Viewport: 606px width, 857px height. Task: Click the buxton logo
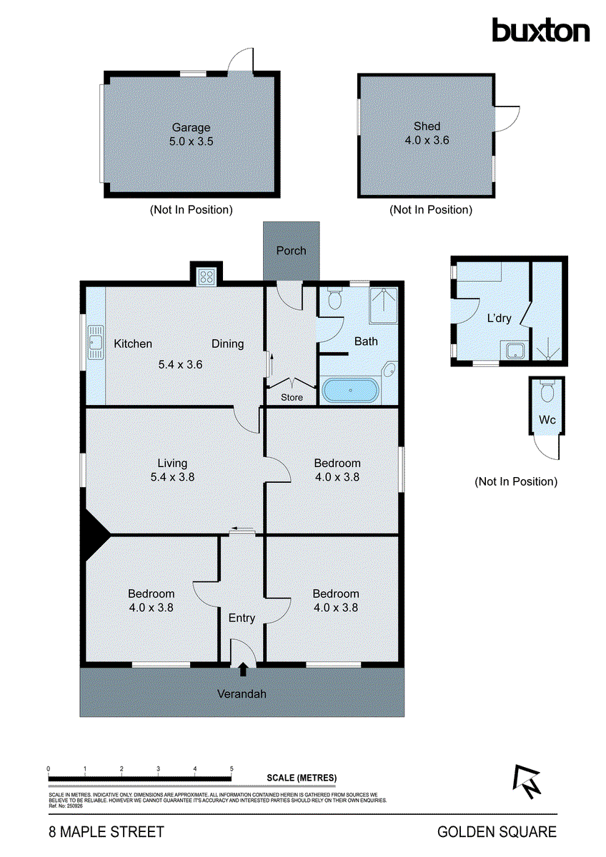click(x=540, y=30)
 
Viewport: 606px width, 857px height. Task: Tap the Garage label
click(x=191, y=128)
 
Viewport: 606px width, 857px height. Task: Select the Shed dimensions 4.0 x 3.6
click(x=427, y=141)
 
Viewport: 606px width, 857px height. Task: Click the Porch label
click(x=291, y=251)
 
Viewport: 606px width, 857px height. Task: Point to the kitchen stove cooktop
click(x=207, y=275)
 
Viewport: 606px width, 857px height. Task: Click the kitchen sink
click(x=94, y=345)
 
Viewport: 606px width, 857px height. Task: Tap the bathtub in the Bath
click(x=351, y=391)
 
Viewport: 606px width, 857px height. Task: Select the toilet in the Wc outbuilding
click(x=547, y=393)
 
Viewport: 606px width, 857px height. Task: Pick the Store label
click(x=292, y=398)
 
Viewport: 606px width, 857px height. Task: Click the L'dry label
click(x=499, y=319)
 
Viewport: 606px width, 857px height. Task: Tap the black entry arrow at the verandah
click(x=242, y=670)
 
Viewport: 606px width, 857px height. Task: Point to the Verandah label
click(x=242, y=693)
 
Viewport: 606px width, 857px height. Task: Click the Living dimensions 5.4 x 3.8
click(x=172, y=477)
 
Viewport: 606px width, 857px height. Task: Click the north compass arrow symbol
click(x=527, y=782)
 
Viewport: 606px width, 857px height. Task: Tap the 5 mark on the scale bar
click(x=232, y=769)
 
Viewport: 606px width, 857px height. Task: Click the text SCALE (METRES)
click(x=301, y=778)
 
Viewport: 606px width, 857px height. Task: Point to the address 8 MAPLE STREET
click(x=106, y=832)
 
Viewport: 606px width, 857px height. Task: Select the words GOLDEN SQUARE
click(x=497, y=832)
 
